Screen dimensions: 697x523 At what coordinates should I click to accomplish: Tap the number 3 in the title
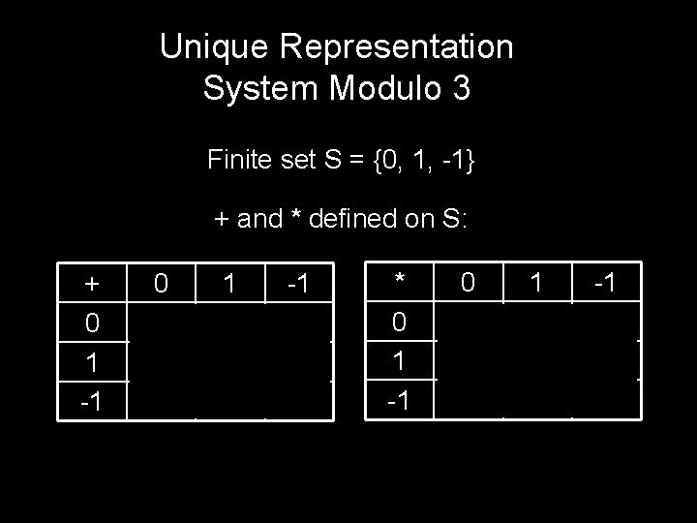[461, 89]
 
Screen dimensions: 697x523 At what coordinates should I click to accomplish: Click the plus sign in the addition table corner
[92, 284]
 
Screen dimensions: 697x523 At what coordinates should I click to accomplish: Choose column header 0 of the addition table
[163, 284]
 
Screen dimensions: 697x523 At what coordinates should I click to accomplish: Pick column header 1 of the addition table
[229, 284]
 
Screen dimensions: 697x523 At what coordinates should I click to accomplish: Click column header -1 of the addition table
[298, 284]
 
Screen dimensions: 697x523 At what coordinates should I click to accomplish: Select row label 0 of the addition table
[92, 322]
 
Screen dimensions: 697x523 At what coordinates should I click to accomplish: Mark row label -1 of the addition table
[91, 398]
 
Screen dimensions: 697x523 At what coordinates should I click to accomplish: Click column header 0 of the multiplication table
[469, 284]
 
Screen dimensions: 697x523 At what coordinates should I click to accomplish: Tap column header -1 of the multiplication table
[606, 284]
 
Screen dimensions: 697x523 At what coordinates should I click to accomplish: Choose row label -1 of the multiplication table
[397, 398]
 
